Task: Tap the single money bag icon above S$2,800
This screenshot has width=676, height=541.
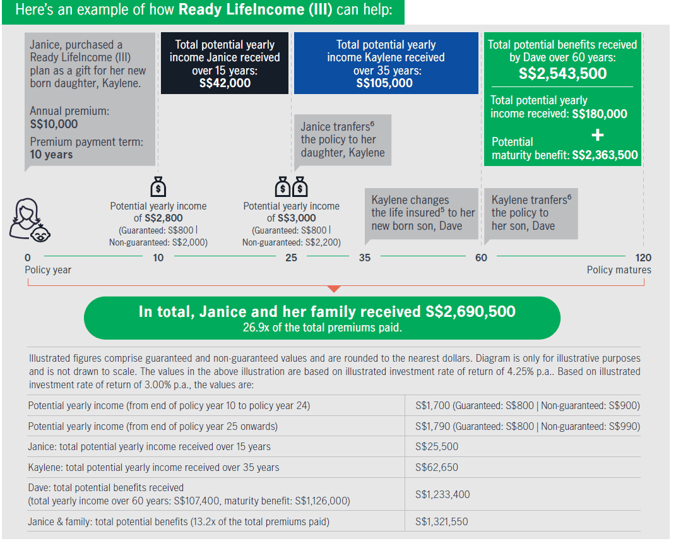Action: coord(158,187)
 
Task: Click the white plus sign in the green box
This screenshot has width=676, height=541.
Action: coord(598,135)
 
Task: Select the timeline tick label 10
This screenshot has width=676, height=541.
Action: coord(158,258)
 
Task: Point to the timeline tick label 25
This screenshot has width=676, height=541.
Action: coord(291,258)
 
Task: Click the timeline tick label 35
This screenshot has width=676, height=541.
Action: coord(365,258)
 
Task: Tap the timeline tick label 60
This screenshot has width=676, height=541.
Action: coord(481,258)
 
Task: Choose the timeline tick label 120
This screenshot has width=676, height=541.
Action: coord(644,258)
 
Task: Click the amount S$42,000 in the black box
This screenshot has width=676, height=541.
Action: coord(225,83)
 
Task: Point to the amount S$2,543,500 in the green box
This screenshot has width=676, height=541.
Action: coord(562,74)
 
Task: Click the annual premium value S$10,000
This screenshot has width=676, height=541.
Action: coord(54,124)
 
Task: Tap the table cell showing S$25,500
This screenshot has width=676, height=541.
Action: coord(437,447)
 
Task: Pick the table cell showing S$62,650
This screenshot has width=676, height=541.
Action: coord(437,468)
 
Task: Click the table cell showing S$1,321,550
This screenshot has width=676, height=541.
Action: coord(442,522)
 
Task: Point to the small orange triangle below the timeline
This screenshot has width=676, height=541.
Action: coord(335,288)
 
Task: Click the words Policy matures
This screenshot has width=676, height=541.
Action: coord(619,270)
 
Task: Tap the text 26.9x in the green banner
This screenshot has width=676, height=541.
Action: coord(256,328)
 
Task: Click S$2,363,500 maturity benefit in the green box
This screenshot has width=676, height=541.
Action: coord(605,155)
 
